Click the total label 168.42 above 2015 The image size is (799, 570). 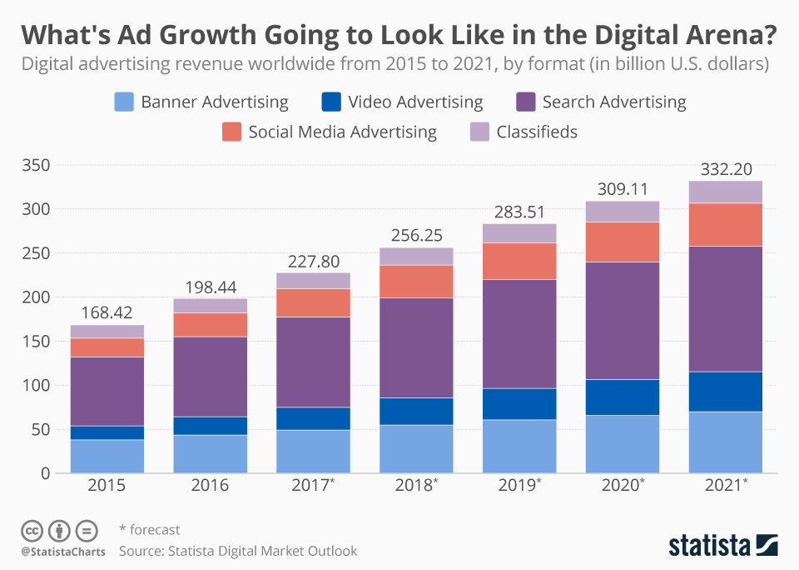click(107, 313)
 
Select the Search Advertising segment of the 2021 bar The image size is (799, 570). click(725, 308)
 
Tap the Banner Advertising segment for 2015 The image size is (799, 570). click(107, 456)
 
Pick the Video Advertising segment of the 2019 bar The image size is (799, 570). click(519, 403)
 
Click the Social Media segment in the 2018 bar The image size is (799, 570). click(416, 281)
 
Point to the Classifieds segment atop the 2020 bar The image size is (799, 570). click(623, 211)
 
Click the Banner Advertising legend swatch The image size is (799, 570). click(123, 102)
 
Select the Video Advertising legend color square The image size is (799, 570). click(330, 102)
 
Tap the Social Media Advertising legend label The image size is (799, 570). click(342, 132)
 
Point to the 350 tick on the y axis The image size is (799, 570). click(37, 165)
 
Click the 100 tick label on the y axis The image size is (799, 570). click(37, 385)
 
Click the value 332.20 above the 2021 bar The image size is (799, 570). click(725, 169)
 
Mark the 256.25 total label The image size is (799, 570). click(416, 236)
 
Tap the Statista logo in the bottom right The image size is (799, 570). click(723, 546)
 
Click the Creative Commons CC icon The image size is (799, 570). click(32, 530)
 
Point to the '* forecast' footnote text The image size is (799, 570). click(149, 530)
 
